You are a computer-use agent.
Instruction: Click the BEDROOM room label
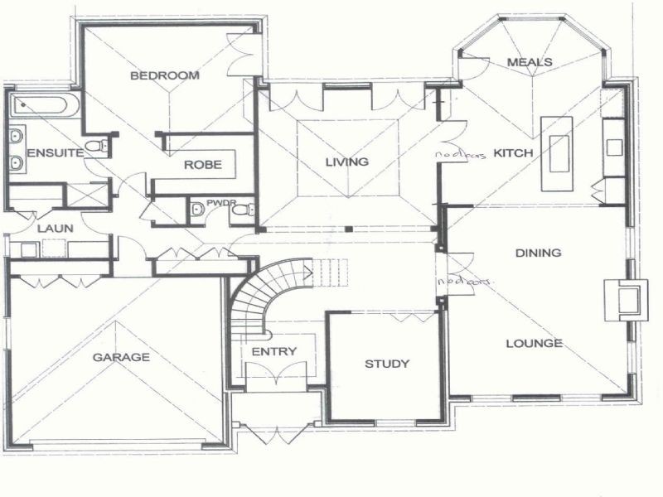tap(165, 75)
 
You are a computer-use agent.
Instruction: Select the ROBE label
tap(203, 165)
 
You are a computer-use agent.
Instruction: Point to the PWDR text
tap(217, 201)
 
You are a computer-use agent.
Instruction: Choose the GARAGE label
tap(121, 358)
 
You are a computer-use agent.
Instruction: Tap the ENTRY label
tap(273, 351)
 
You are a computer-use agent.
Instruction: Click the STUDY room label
tap(387, 364)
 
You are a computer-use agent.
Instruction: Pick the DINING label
tap(538, 253)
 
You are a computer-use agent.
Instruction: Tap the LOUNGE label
tap(534, 343)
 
